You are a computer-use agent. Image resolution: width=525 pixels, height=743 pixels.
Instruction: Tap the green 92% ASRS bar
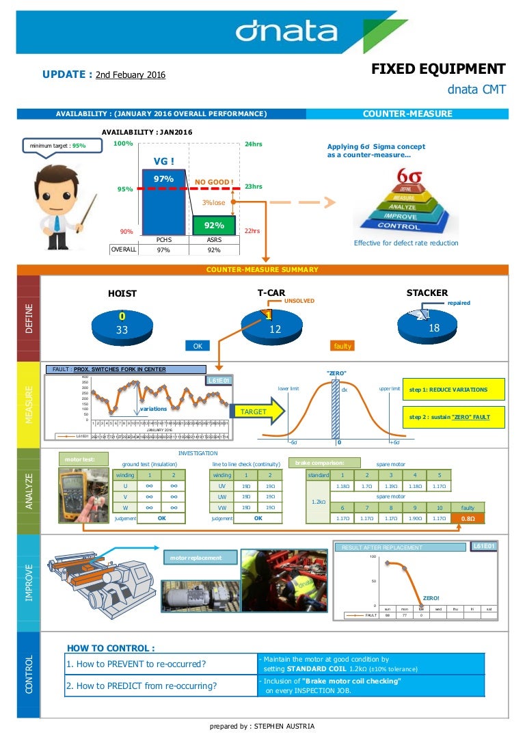pos(214,225)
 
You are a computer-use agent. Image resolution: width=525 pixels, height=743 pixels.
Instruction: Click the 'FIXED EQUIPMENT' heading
pos(438,69)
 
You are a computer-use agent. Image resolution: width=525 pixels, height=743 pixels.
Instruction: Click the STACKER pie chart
pos(433,325)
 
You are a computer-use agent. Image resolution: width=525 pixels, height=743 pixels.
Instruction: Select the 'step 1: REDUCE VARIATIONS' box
pos(454,390)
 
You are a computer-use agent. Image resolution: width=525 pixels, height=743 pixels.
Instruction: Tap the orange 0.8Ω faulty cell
pos(468,518)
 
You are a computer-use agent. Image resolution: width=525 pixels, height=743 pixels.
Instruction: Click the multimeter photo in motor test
pos(83,496)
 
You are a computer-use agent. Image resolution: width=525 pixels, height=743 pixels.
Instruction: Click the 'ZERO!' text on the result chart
pos(431,597)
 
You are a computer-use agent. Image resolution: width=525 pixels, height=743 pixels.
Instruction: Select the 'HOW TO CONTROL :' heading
pos(110,648)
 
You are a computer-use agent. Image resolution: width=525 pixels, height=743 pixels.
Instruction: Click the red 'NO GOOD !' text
pos(215,182)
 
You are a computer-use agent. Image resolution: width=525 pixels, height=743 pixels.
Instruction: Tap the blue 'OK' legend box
pos(198,346)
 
